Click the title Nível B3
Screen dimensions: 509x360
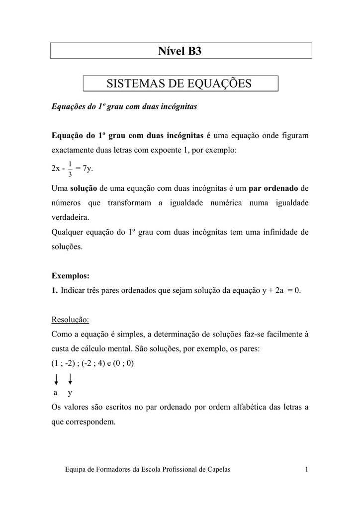click(x=180, y=51)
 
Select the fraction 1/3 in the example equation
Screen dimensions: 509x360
click(x=70, y=169)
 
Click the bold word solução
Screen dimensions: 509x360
click(x=84, y=188)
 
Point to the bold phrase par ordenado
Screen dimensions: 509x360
click(x=273, y=188)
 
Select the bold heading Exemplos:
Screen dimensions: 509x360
click(x=71, y=275)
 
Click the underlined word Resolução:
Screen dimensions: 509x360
click(x=70, y=319)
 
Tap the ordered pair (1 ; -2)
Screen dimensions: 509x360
click(x=64, y=363)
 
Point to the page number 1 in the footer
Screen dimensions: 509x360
click(x=307, y=470)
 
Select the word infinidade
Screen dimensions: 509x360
click(x=285, y=232)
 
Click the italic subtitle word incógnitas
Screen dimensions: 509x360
click(x=176, y=106)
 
